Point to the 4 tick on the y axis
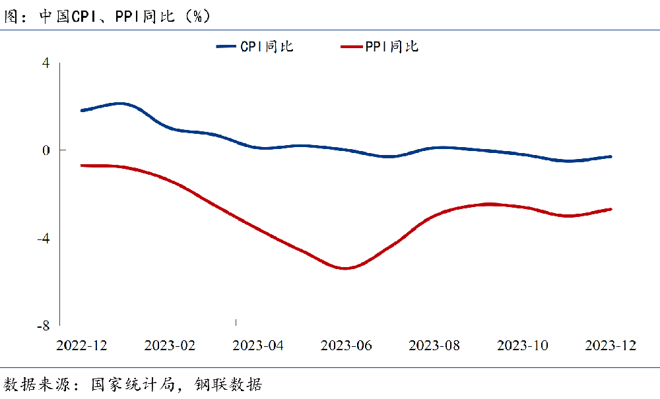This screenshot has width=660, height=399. [46, 63]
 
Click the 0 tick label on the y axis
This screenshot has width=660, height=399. [46, 150]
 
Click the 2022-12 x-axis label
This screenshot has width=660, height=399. [81, 346]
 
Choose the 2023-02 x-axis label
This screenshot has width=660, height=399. [170, 346]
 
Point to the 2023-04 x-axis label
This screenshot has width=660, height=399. [258, 346]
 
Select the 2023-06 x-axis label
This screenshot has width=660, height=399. [346, 346]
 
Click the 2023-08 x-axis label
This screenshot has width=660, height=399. [434, 346]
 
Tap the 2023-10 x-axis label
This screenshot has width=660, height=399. [523, 346]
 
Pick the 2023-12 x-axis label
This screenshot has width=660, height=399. [611, 346]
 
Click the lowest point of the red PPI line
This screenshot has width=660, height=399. [345, 268]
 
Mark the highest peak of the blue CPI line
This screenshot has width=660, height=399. [120, 104]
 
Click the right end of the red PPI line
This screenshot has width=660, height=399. [611, 209]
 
